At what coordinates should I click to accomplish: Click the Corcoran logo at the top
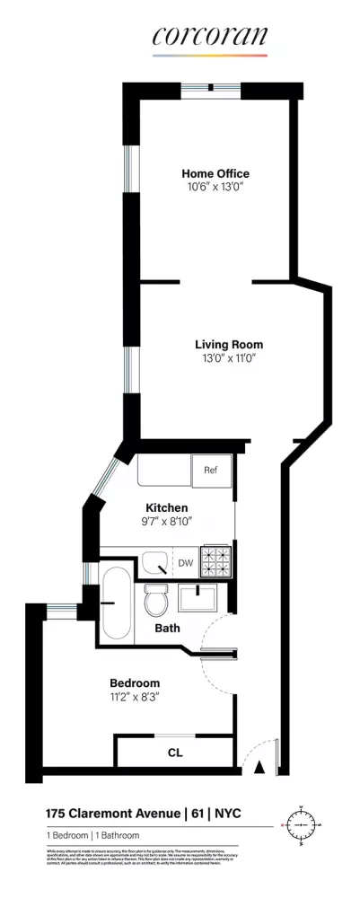point(209,37)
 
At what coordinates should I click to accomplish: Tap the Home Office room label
point(215,173)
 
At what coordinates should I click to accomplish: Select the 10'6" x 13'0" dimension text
point(215,189)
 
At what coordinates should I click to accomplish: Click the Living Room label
point(229,344)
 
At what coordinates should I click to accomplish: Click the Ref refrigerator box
point(211,471)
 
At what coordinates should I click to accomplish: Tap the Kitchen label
point(166,507)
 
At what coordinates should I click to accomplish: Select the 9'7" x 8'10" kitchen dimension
point(166,522)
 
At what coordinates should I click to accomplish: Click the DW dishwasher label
point(185,563)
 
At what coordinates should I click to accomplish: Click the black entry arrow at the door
point(259,766)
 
